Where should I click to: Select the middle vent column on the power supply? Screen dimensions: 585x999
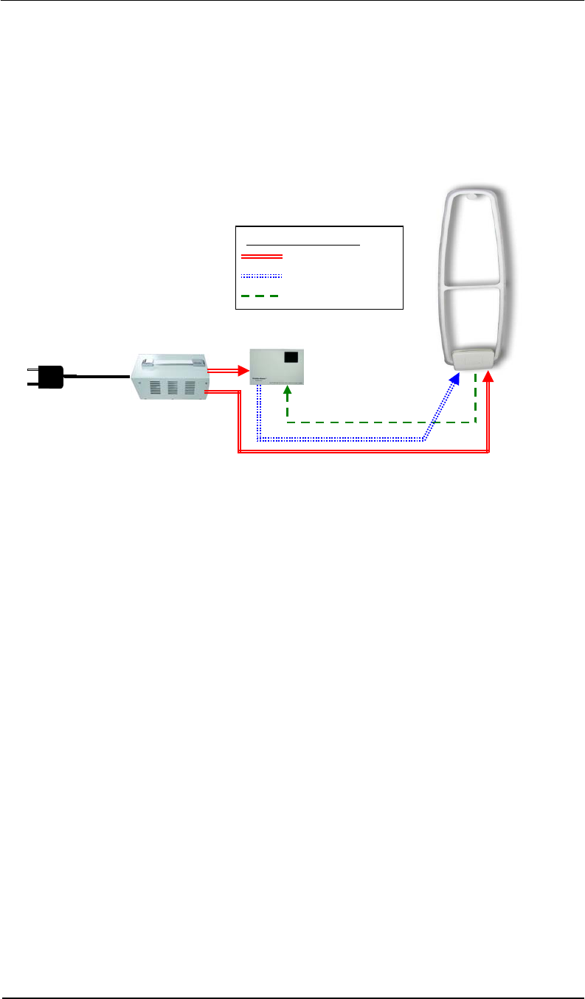point(173,389)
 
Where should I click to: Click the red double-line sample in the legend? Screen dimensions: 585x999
point(262,257)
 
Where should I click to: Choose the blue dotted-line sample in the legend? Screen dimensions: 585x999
point(262,276)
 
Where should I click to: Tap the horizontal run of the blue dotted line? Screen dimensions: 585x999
point(339,440)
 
